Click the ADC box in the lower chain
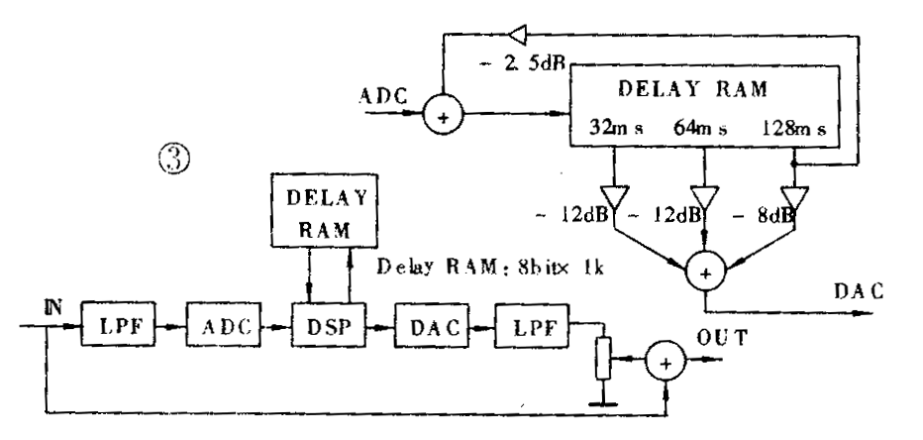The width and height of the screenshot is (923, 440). [217, 325]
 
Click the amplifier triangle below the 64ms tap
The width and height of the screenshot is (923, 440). [702, 196]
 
